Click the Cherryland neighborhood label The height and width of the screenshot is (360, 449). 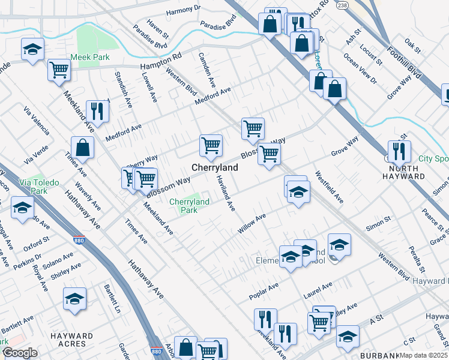click(x=214, y=168)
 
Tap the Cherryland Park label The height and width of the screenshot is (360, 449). click(x=189, y=206)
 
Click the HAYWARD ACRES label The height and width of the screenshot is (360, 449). click(x=72, y=340)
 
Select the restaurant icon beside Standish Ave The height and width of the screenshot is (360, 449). click(x=97, y=110)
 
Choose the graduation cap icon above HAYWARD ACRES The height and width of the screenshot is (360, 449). click(x=74, y=298)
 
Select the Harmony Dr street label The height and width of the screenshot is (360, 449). click(x=182, y=10)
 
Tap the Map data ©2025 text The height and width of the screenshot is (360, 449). click(x=423, y=355)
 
